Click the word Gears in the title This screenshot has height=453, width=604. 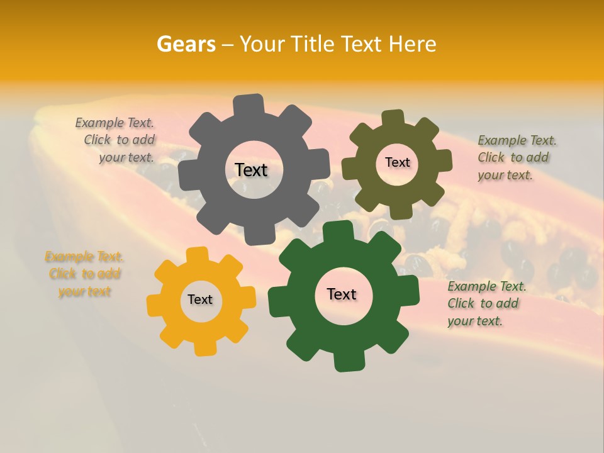186,44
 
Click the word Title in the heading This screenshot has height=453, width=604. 313,44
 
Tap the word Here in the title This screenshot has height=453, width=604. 412,44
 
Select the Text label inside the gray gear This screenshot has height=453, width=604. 251,170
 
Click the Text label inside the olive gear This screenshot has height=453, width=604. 397,162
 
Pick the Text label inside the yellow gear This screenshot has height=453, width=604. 200,299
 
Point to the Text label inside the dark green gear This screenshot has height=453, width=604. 342,294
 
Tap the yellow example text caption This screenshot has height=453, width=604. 84,274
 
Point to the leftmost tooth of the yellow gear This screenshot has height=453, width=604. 155,306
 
